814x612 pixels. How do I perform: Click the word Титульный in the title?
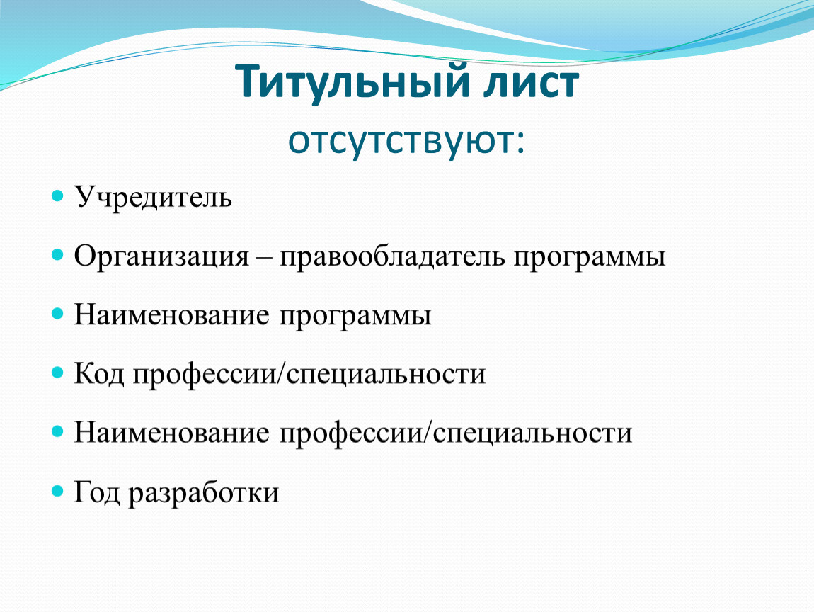pos(352,83)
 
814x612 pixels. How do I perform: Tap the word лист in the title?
pos(531,83)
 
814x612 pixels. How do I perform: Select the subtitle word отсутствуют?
pos(406,140)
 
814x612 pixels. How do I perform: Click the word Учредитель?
pos(153,198)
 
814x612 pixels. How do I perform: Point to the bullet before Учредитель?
pos(57,196)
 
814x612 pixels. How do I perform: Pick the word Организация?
pos(161,256)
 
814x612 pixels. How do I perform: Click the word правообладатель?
pos(392,256)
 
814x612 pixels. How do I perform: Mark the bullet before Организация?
pos(57,254)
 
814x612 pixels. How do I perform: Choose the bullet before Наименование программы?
pos(57,313)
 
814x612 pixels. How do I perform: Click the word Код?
pos(99,374)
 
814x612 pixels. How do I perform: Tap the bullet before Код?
pos(57,372)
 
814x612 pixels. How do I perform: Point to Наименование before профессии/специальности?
pos(172,433)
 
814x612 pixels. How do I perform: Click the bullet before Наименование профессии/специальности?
pos(57,431)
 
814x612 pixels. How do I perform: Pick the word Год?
pos(97,492)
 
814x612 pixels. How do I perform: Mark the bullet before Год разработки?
pos(57,490)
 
